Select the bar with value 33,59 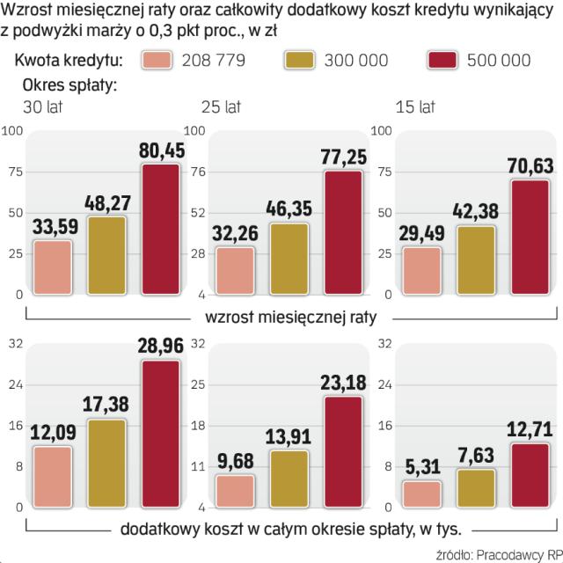click(52, 267)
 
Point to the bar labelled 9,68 click(235, 491)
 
